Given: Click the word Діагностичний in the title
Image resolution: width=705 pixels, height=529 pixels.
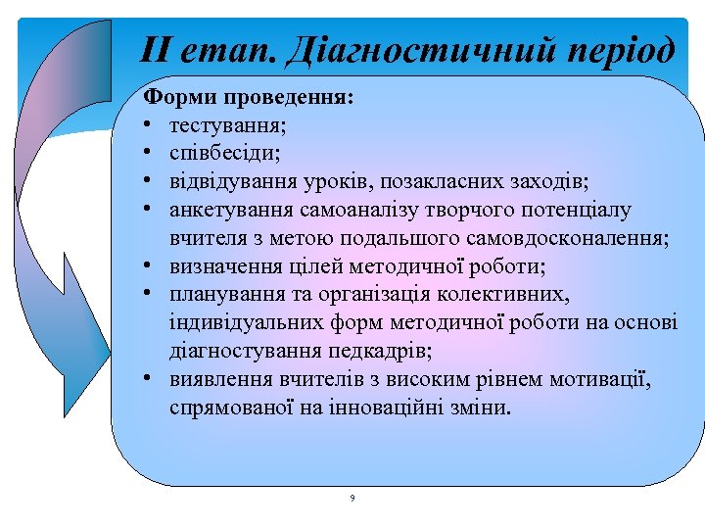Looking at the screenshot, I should [x=430, y=49].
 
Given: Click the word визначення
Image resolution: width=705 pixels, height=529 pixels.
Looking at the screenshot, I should [x=221, y=266].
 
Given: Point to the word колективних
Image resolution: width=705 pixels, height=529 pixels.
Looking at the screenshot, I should [x=510, y=294].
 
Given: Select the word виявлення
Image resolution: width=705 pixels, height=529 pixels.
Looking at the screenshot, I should [x=216, y=379].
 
